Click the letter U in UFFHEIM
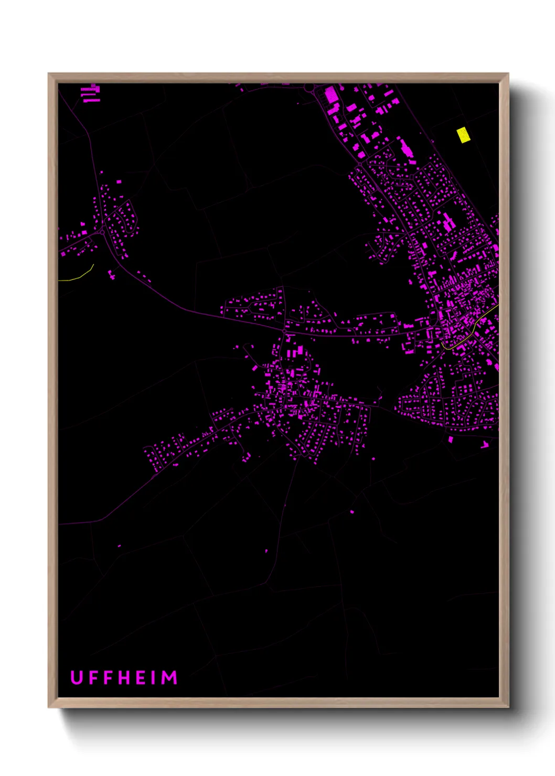click(77, 677)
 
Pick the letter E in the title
click(143, 677)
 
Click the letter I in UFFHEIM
click(156, 677)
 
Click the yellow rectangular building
click(463, 135)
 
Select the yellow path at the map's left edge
click(79, 276)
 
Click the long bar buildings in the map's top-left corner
click(91, 93)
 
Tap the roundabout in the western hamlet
click(102, 231)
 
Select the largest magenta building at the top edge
click(331, 96)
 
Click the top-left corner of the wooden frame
click(49, 74)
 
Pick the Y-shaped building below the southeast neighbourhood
click(485, 445)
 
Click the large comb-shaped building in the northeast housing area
click(449, 222)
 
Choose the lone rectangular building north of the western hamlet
click(119, 181)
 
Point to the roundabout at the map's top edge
click(308, 88)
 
